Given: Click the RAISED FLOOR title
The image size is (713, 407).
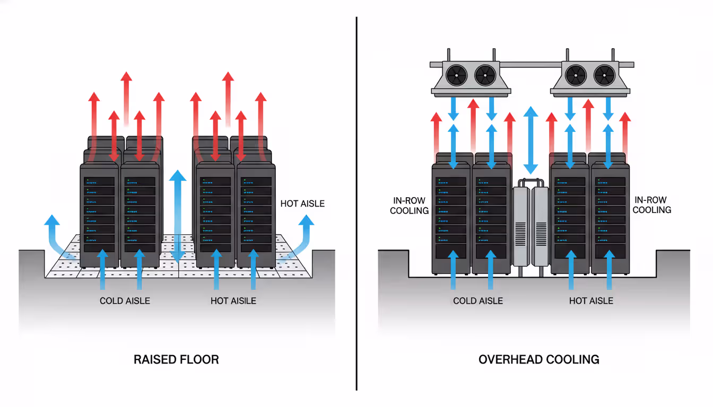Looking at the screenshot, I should coord(176,359).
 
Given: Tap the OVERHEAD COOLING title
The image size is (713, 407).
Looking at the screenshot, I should coord(538,359).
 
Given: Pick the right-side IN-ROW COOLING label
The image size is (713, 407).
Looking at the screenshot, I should coord(652,205).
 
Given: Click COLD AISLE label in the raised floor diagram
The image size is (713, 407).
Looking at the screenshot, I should coord(125,300).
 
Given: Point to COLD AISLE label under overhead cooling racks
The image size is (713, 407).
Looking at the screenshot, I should coord(477,300).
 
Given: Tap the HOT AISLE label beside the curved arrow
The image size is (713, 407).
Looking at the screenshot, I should coord(302,203).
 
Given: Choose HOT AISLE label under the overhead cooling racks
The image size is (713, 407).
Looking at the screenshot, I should coord(591,300).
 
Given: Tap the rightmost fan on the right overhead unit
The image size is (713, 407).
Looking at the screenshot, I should coord(605,75).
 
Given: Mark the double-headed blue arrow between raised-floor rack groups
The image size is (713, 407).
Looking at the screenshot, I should coord(178,215).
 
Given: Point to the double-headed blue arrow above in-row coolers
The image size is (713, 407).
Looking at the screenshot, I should coord(529,138).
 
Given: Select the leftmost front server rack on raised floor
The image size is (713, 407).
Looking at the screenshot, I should coord(99,215).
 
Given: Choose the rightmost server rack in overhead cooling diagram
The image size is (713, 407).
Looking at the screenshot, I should coord(610,217).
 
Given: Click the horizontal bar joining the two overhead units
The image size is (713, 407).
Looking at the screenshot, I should coord(531,64).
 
